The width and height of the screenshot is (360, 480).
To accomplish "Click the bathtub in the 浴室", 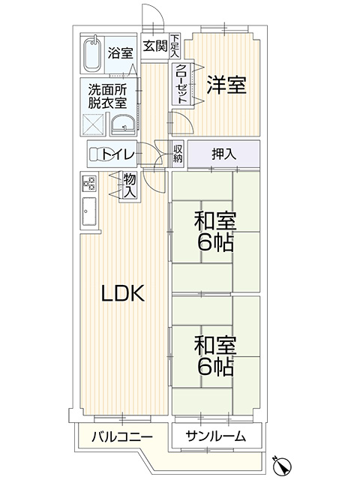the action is (92, 54).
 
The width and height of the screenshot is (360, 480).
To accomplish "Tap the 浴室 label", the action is (120, 53).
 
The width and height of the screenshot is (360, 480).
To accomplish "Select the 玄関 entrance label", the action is (155, 46).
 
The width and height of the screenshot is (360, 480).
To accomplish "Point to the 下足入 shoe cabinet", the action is (175, 46).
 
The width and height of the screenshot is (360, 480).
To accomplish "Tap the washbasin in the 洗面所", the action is (123, 125).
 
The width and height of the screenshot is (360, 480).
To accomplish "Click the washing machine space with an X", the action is (94, 124).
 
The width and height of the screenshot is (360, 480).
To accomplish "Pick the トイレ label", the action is (118, 154).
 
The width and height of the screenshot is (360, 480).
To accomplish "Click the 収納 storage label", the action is (178, 153).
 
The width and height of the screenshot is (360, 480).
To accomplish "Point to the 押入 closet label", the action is (224, 154).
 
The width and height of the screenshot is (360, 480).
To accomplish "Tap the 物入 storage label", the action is (130, 185).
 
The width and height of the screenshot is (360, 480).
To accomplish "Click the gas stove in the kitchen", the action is (89, 184).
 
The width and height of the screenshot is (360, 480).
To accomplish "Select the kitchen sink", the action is (89, 211).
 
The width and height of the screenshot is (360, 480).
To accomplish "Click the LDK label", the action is (123, 293).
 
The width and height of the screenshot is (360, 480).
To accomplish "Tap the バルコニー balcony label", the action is (122, 436).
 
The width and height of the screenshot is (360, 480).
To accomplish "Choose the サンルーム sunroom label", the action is (215, 436).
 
